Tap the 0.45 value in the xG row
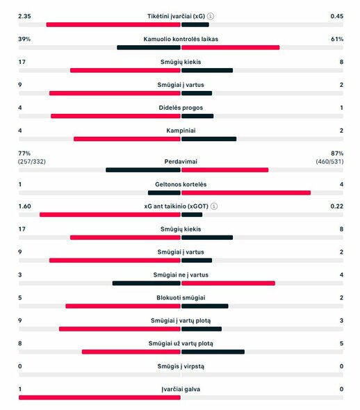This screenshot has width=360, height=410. [336, 16]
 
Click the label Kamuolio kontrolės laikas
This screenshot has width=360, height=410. [181, 39]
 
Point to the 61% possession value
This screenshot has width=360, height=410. [337, 39]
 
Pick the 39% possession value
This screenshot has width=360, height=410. [24, 39]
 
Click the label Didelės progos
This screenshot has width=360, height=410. [181, 108]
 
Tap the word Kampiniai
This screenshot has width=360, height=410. [181, 131]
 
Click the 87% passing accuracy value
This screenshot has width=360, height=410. [337, 153]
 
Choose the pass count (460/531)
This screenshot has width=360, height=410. [329, 161]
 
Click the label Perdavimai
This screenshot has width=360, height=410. [181, 161]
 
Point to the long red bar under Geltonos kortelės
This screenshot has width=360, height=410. [245, 192]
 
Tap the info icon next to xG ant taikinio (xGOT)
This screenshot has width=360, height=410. [214, 206]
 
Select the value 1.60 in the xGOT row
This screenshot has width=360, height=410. [25, 206]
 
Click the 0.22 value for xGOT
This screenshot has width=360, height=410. [336, 206]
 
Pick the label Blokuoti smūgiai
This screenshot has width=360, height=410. [181, 297]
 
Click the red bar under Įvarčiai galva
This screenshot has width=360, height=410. [99, 397]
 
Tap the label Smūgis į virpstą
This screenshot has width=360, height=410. [181, 366]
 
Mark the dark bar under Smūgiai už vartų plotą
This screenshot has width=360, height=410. [213, 352]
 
